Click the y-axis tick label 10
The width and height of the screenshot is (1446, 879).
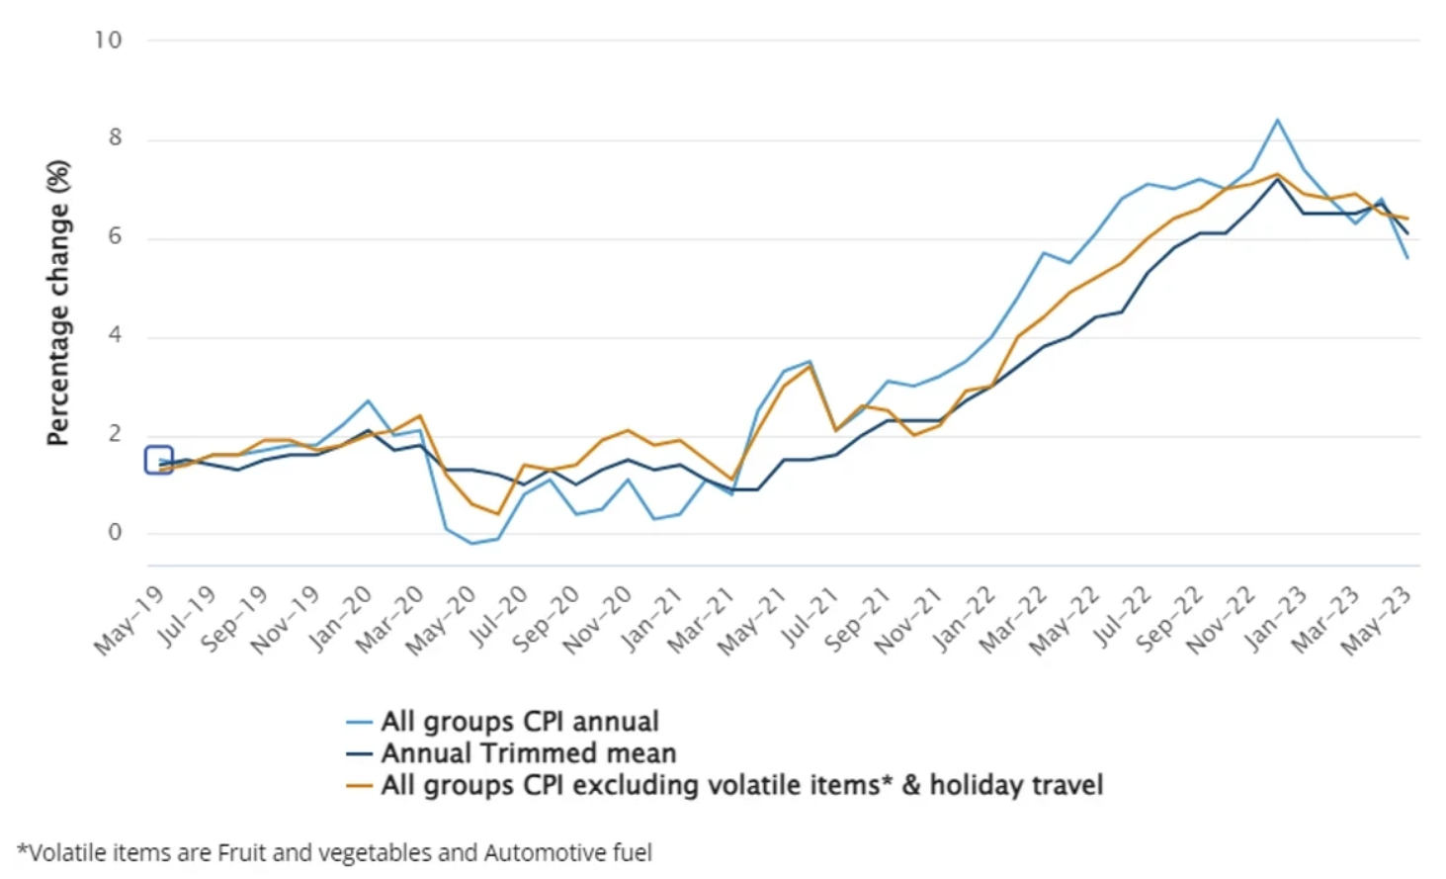[x=108, y=41]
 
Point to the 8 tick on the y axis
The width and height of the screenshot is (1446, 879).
[x=115, y=137]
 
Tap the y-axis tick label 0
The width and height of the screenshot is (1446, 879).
[x=115, y=532]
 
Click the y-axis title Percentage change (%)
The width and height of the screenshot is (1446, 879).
[x=58, y=303]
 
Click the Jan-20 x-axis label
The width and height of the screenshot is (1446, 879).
[x=340, y=618]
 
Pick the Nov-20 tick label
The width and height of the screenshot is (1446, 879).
[x=597, y=620]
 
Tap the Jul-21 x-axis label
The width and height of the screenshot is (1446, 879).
[x=809, y=618]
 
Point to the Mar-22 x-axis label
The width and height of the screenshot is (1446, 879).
[x=1013, y=620]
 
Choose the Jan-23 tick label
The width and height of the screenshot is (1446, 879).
[x=1276, y=618]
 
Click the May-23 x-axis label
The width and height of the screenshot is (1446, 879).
[x=1376, y=620]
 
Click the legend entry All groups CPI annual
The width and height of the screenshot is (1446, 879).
[x=520, y=722]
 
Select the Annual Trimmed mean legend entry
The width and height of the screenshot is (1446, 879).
[x=529, y=753]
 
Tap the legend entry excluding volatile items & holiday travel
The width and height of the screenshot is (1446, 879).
[x=741, y=785]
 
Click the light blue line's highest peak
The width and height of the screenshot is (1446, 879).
[x=1277, y=120]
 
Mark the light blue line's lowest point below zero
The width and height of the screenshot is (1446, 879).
[x=471, y=543]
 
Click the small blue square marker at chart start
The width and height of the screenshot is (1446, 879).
[x=159, y=460]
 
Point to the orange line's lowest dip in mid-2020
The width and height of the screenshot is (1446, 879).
[x=497, y=514]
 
